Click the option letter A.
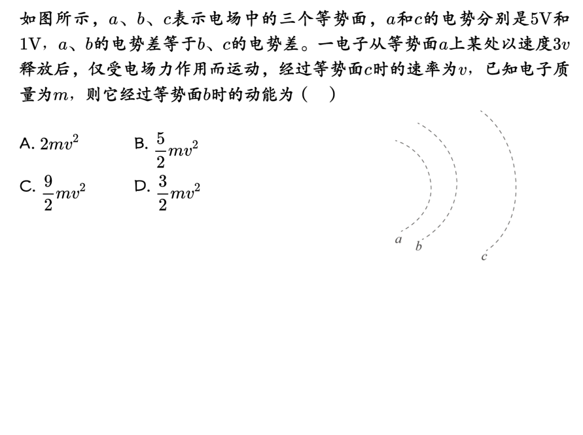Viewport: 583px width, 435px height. (x=26, y=144)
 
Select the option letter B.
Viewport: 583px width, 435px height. (x=140, y=144)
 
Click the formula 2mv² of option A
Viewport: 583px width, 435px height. (x=60, y=144)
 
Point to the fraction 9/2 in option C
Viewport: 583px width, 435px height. (x=48, y=192)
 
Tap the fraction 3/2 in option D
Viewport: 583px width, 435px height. (x=162, y=192)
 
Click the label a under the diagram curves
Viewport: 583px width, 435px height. (x=398, y=239)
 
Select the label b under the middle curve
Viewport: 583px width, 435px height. (x=419, y=246)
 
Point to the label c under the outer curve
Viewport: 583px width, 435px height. (x=484, y=256)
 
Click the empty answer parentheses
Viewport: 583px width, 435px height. (x=320, y=96)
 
